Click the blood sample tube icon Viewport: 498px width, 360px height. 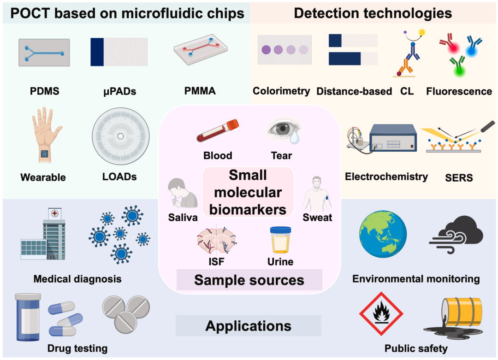218,130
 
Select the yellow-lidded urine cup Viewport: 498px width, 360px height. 280,240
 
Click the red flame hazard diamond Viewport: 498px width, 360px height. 381,313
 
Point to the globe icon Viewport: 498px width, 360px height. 383,234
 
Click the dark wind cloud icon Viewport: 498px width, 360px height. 456,234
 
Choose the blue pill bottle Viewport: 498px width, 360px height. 28,317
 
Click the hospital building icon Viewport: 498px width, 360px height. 43,234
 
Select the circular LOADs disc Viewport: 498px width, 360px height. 121,136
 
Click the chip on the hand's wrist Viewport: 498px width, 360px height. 44,154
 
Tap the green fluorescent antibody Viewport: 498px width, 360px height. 458,66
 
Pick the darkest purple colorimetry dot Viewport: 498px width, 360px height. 266,50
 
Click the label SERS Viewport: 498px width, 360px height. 459,178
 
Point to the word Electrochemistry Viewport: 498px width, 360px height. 386,177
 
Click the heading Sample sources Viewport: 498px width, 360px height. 249,280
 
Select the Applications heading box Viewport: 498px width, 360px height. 249,326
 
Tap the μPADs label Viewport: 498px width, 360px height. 120,91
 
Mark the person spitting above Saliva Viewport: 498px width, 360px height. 182,193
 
